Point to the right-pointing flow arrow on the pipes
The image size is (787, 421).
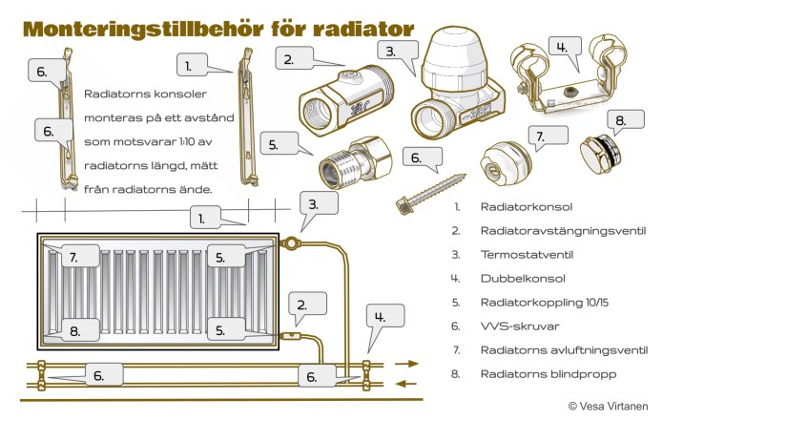407,364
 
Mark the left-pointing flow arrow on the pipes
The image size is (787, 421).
407,384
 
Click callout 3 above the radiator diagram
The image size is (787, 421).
321,203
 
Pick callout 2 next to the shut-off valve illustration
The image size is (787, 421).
287,59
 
